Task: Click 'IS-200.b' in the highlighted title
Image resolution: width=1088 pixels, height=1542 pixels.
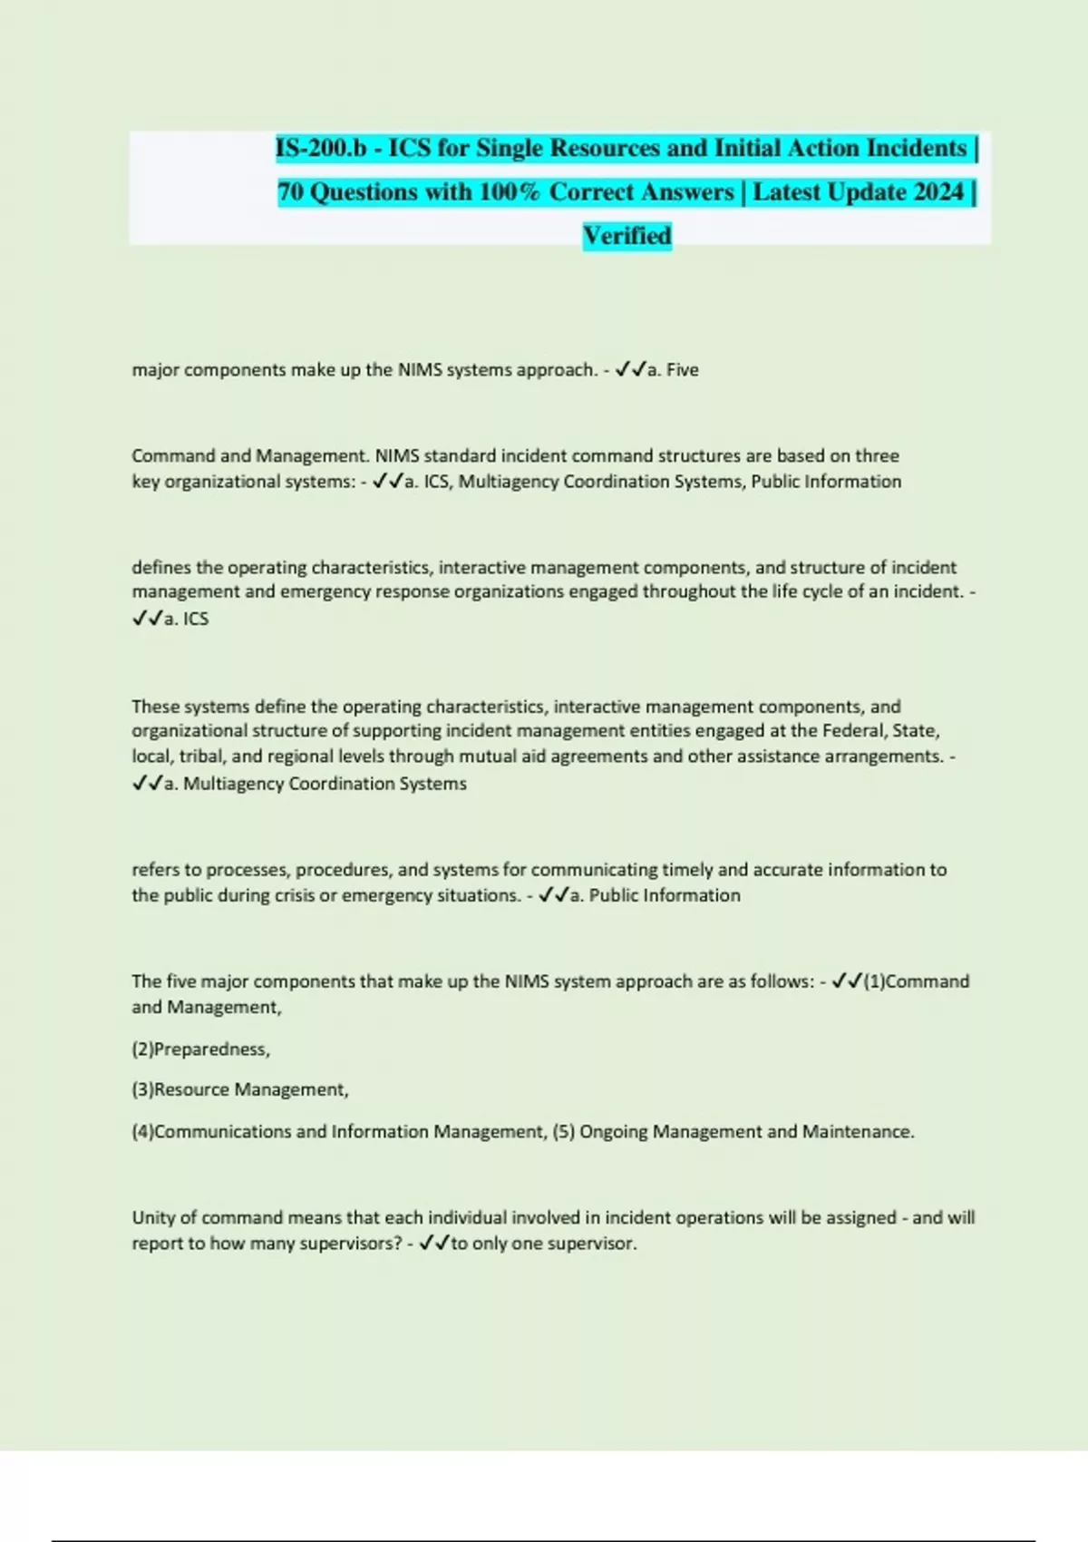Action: (320, 148)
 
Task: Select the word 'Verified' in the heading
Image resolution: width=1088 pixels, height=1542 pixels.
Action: (627, 236)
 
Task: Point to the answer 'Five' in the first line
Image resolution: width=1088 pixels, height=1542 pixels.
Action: (682, 370)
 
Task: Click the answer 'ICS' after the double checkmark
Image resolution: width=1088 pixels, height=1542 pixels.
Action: (196, 619)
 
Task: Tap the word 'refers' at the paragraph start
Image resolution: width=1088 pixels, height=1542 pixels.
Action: (155, 870)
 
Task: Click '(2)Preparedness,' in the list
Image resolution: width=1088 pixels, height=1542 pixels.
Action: (201, 1049)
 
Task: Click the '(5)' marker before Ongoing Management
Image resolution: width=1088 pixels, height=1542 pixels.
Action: (563, 1132)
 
